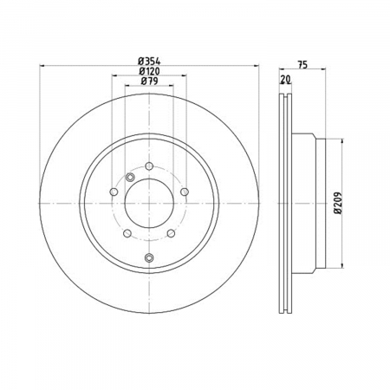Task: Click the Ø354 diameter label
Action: coord(149,61)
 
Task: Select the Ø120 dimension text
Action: coord(149,71)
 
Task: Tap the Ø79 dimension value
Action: coord(149,81)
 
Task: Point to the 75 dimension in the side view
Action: coord(302,65)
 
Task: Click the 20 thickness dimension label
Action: coord(285,79)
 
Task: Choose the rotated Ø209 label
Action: coord(338,203)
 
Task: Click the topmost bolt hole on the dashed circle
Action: coord(149,166)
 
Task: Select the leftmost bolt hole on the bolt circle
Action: coord(114,192)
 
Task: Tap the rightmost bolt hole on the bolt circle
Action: coord(185,192)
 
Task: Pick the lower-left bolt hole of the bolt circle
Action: coord(127,233)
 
